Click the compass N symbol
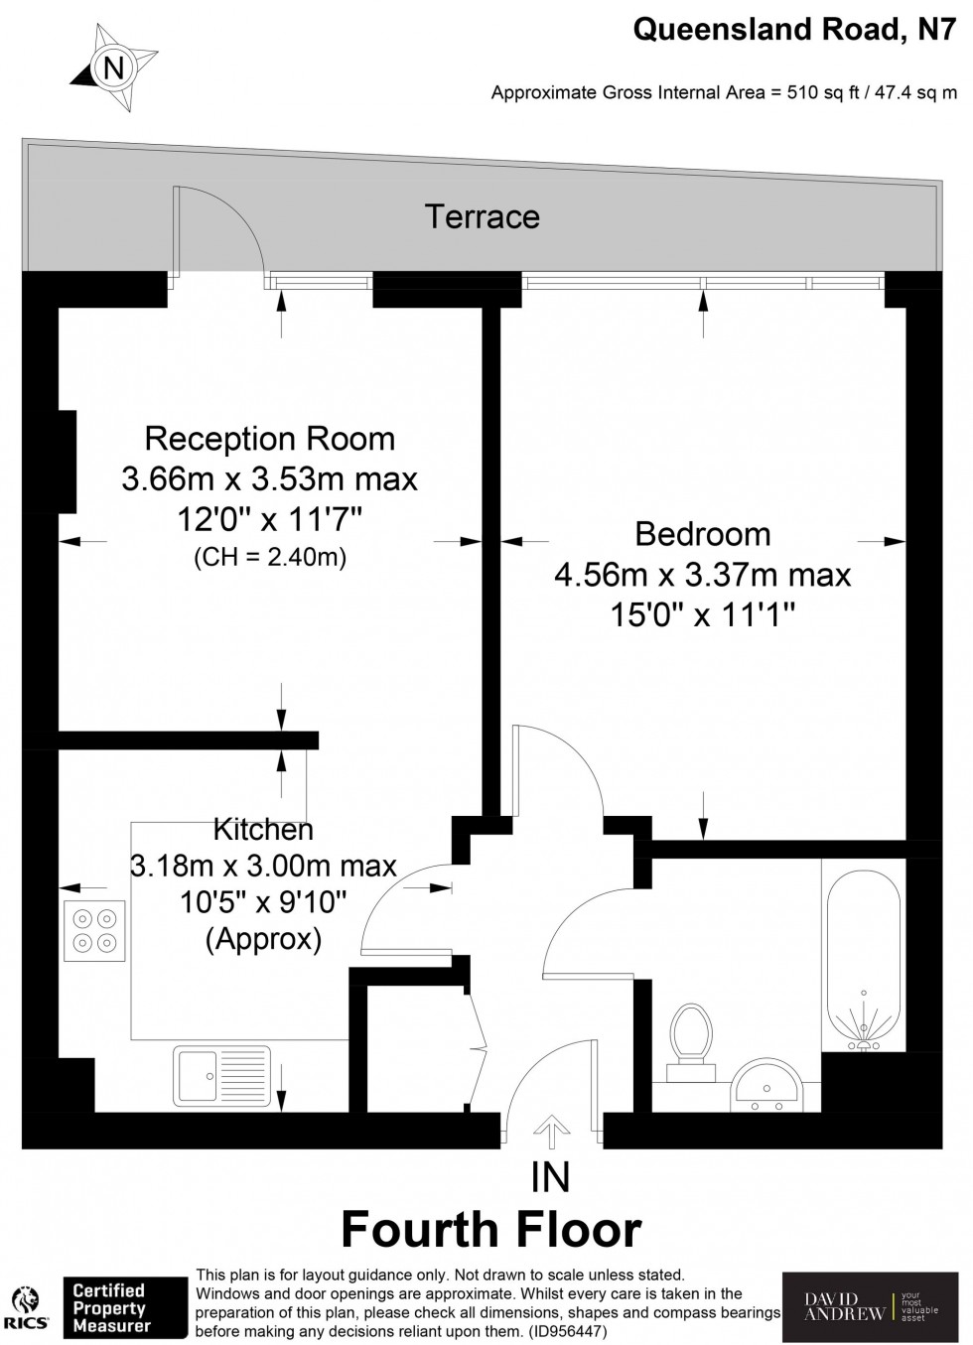click(114, 68)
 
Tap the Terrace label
click(483, 216)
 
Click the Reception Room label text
click(269, 439)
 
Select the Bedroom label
click(702, 534)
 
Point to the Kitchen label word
click(263, 829)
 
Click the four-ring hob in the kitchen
click(93, 931)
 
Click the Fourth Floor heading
click(491, 1229)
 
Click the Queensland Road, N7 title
click(795, 32)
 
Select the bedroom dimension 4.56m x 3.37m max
click(702, 575)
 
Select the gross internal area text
click(724, 93)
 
